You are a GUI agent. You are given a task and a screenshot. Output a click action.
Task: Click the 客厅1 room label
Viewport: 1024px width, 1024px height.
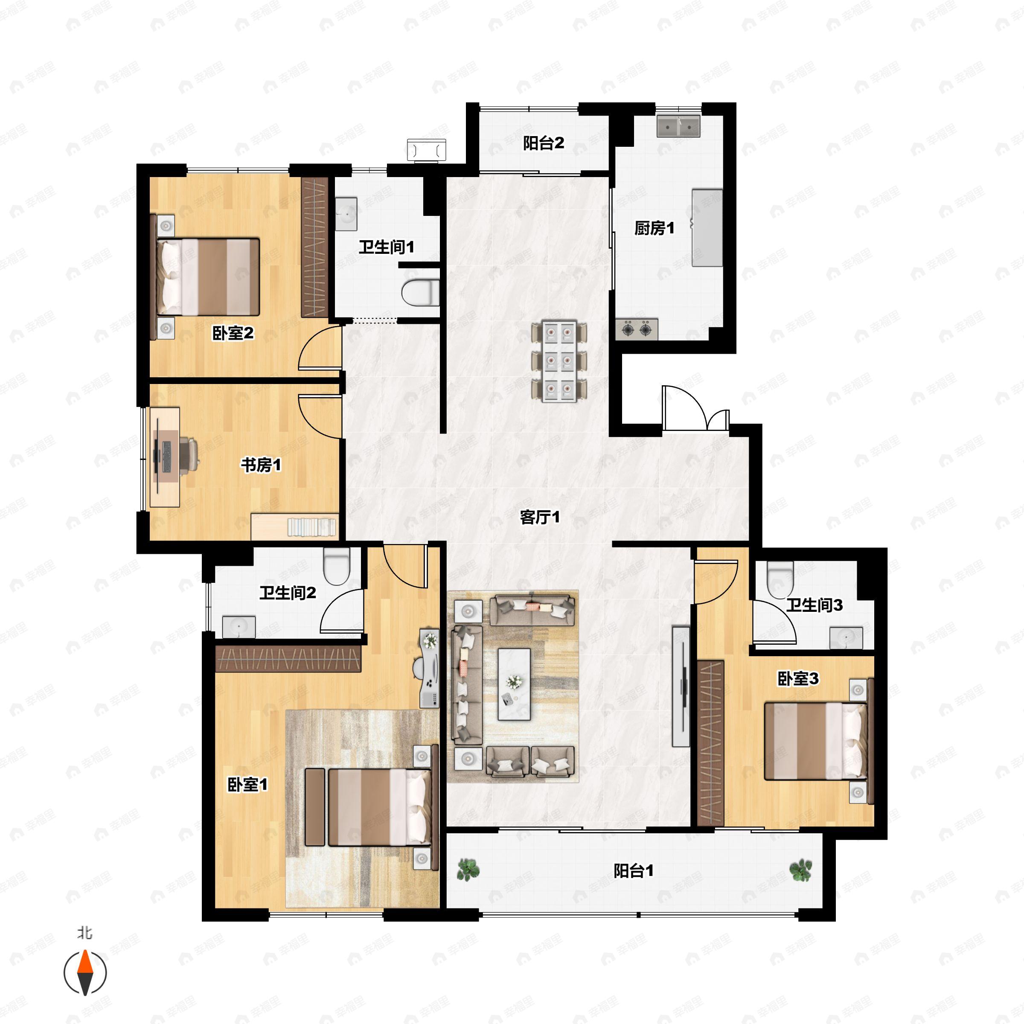[x=540, y=517]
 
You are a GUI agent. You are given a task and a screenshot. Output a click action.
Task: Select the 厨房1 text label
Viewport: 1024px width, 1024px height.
[x=655, y=228]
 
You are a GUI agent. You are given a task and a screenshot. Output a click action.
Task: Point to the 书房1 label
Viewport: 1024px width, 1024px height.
[x=261, y=465]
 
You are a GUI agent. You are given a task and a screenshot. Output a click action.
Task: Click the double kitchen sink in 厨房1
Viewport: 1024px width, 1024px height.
[x=678, y=126]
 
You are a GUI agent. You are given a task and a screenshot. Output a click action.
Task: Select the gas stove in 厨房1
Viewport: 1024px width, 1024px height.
[x=637, y=329]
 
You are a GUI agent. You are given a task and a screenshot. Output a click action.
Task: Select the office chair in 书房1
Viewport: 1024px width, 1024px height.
[x=188, y=455]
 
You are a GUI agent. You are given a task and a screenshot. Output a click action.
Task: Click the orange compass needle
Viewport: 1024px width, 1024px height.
[x=85, y=973]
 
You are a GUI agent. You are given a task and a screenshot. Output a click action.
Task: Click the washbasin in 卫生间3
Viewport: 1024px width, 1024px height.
[x=846, y=637]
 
